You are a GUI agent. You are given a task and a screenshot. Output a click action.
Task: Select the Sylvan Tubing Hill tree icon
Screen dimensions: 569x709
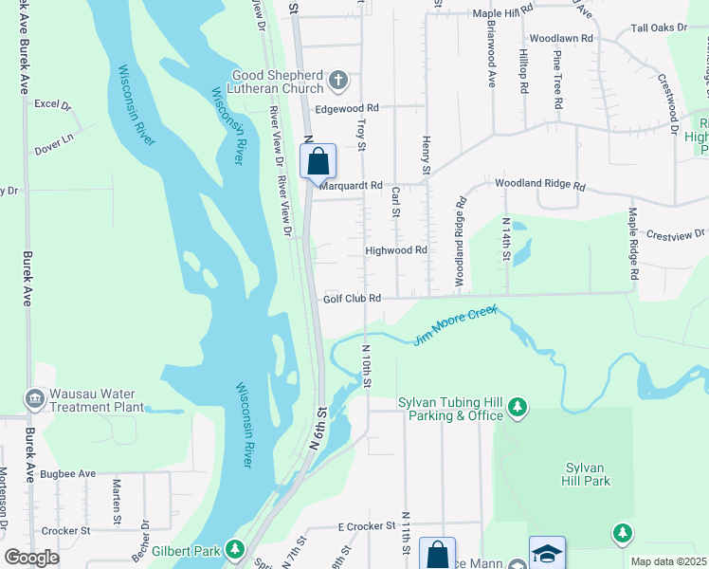tap(518, 407)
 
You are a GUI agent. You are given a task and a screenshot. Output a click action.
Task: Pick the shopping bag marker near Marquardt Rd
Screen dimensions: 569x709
tap(318, 160)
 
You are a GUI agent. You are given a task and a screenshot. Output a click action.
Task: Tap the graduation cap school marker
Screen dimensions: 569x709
tap(547, 554)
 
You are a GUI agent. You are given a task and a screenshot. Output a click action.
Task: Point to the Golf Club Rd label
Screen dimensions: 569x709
tap(352, 298)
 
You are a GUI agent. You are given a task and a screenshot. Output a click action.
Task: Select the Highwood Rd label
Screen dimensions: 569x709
tap(396, 250)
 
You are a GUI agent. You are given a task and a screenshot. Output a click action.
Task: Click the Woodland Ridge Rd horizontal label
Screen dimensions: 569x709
tap(539, 186)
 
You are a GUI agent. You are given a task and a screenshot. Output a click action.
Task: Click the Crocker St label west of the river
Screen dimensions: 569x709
tap(65, 531)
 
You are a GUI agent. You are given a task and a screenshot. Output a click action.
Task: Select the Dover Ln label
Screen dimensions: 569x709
tap(54, 138)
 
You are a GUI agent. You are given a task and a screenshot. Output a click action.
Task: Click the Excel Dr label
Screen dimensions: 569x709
tap(52, 104)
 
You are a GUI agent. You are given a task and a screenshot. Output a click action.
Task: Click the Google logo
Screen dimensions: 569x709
tap(31, 558)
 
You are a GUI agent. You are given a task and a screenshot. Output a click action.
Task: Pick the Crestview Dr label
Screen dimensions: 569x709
tap(676, 233)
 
